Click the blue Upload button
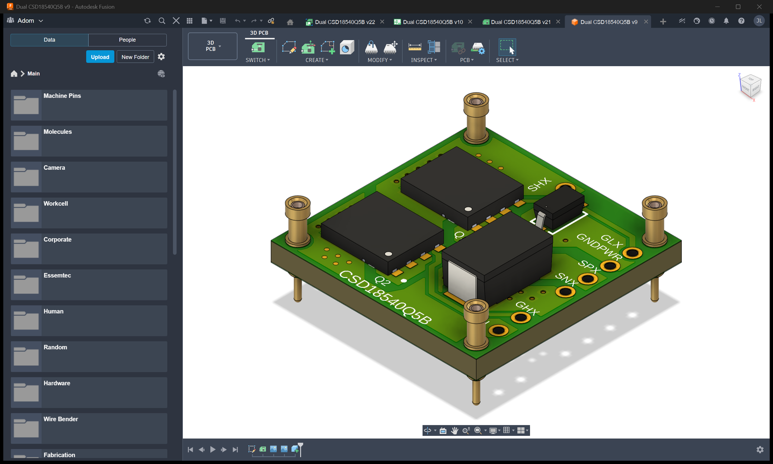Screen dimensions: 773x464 tap(100, 57)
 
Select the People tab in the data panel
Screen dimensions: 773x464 tap(127, 39)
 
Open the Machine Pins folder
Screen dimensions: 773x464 tap(89, 105)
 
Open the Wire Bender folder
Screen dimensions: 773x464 tap(89, 428)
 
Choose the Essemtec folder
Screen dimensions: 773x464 tap(89, 285)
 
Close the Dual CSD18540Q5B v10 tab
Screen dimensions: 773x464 tap(470, 22)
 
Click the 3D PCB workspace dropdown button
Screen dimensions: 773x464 tap(212, 46)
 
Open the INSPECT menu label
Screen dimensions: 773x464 tap(424, 60)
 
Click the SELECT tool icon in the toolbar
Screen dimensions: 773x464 tap(507, 47)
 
